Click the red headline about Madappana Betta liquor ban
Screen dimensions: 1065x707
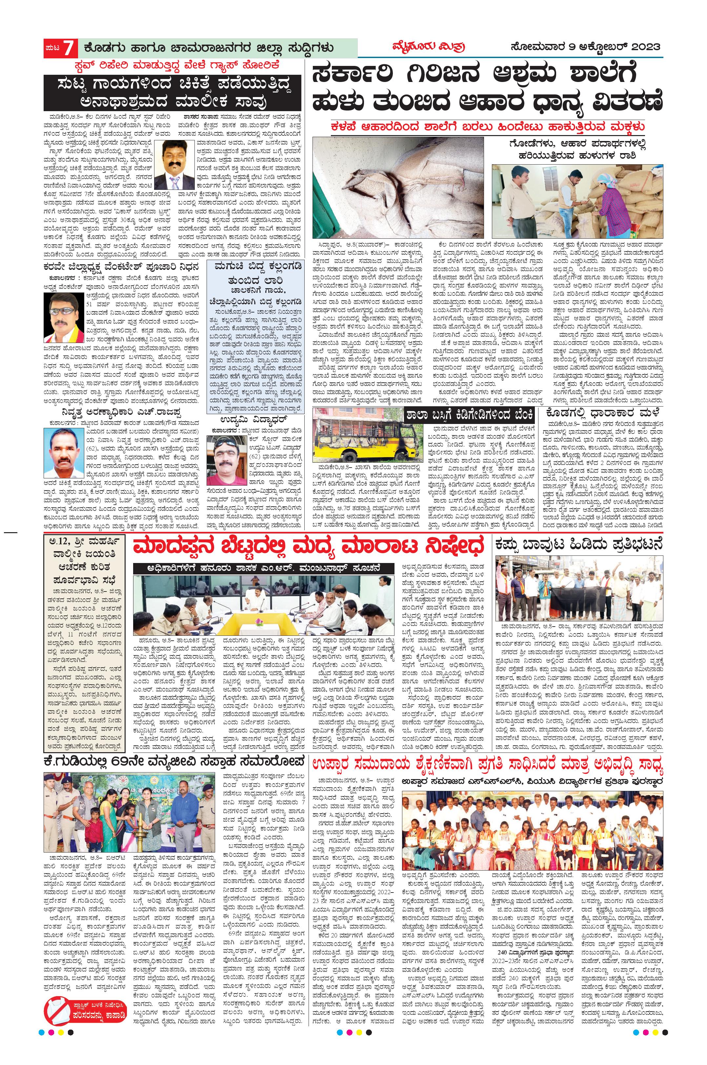click(308, 547)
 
